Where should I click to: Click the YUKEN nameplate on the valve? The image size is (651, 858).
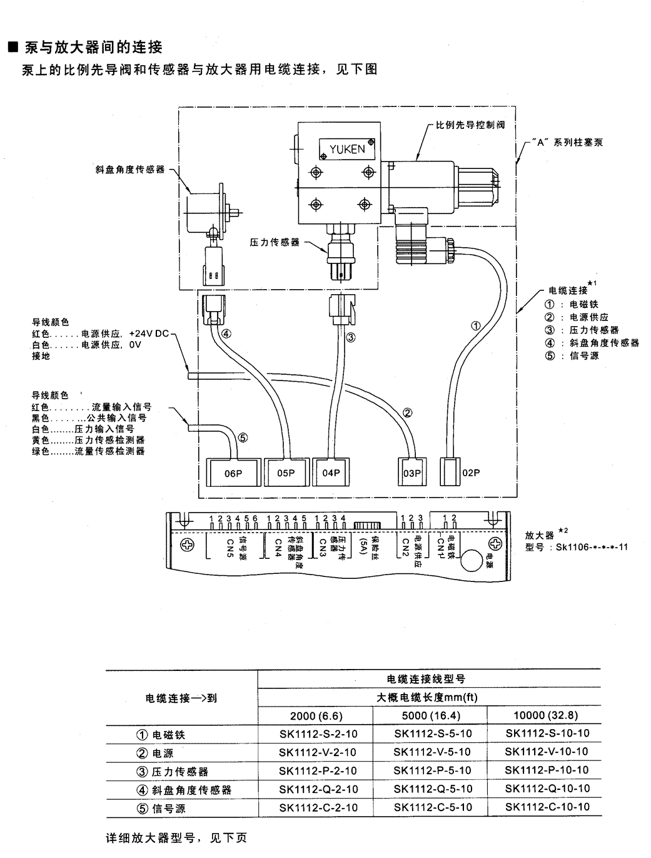tap(347, 149)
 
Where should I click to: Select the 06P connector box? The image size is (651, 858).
tap(233, 473)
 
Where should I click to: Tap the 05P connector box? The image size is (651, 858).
tap(286, 472)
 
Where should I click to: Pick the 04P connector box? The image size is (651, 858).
tap(331, 472)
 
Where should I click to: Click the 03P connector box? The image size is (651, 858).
tap(411, 473)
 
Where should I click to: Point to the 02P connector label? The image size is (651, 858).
tap(471, 473)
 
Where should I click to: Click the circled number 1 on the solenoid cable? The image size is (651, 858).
tap(476, 325)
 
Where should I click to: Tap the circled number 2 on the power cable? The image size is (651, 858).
tap(406, 412)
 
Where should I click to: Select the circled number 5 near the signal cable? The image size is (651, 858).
tap(243, 438)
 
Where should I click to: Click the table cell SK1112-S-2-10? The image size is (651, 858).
tap(318, 733)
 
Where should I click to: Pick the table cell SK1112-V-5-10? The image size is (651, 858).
tap(433, 752)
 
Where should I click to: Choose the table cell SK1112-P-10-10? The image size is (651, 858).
tap(547, 770)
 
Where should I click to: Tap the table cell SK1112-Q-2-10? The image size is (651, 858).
tap(318, 789)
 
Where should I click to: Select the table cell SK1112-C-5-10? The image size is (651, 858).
tap(433, 807)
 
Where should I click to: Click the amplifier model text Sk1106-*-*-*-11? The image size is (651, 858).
tap(591, 546)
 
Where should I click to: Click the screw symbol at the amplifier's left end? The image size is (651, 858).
tap(186, 544)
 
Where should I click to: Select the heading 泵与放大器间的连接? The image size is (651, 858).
tap(93, 47)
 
